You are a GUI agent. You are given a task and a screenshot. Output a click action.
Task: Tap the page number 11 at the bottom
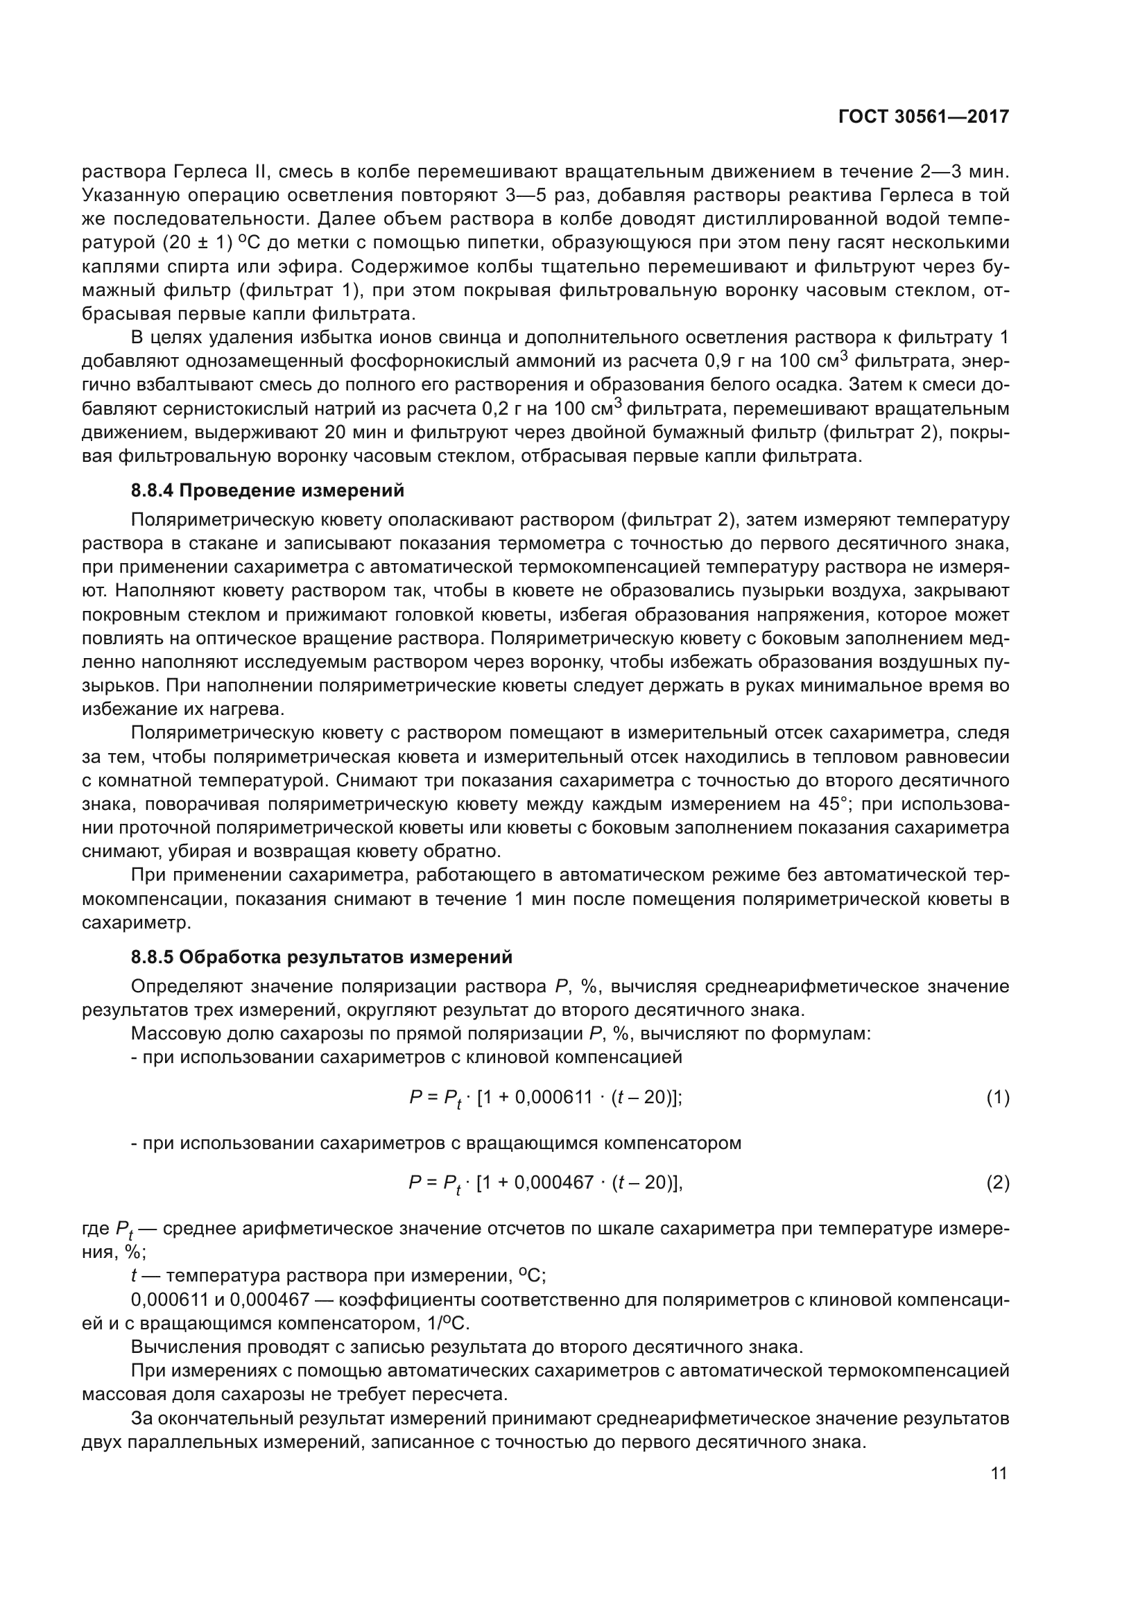coord(999,1474)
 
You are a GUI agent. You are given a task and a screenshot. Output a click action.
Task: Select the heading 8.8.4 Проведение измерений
coord(268,490)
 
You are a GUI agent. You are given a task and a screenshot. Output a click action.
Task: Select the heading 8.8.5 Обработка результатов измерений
coord(321,957)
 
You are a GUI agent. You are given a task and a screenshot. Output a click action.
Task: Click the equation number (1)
coord(997,1098)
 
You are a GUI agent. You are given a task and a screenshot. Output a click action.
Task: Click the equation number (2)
coord(997,1182)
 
